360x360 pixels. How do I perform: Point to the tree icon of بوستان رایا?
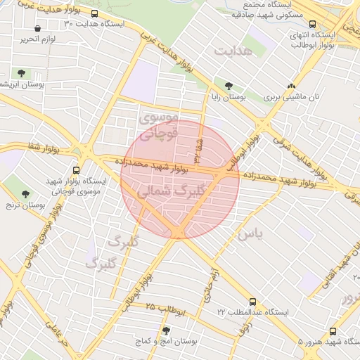click(x=227, y=86)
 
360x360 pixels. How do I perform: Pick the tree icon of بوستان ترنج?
click(x=26, y=195)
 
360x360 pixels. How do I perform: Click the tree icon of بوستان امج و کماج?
click(x=166, y=330)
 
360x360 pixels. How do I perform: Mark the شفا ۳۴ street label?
click(x=199, y=145)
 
